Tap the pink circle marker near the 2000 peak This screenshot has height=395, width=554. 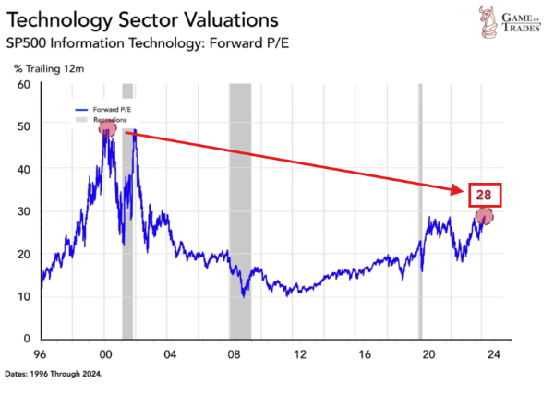coord(107,128)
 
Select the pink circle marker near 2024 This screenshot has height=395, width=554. coord(485,216)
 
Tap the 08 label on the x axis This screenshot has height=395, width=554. coord(235,354)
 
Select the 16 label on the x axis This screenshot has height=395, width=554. coord(366,354)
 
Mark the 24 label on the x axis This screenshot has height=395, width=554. coord(494,354)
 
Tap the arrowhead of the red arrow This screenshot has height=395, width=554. coord(459,190)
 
